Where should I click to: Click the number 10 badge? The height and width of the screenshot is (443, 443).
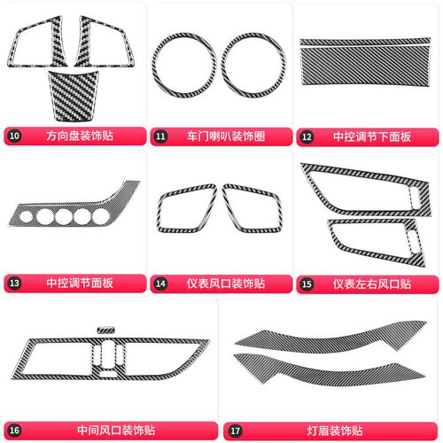tap(14, 136)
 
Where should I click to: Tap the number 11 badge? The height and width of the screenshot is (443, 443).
tap(160, 136)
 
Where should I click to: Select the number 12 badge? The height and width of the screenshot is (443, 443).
tap(307, 136)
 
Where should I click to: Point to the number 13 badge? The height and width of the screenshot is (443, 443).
tap(14, 283)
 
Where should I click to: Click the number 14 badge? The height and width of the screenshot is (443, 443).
tap(160, 284)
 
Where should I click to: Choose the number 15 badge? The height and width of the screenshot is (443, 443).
tap(307, 284)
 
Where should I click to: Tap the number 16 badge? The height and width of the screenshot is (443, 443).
tap(14, 431)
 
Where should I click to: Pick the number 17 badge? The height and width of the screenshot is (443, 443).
tap(235, 431)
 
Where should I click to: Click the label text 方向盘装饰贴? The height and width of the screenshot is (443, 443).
tap(80, 136)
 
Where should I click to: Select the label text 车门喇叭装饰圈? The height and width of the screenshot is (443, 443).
tap(226, 136)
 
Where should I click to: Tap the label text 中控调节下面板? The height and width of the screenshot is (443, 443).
tap(372, 136)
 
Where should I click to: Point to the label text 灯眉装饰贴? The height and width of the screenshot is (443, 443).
tap(335, 431)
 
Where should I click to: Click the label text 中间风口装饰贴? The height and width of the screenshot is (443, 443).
tap(116, 431)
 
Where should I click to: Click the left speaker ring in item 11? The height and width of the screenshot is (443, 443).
tap(153, 66)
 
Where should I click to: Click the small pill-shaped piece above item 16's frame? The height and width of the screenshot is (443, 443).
tap(105, 330)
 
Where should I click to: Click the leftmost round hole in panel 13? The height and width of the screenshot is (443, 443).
tap(26, 216)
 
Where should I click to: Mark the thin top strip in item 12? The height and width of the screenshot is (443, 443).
tap(365, 42)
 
